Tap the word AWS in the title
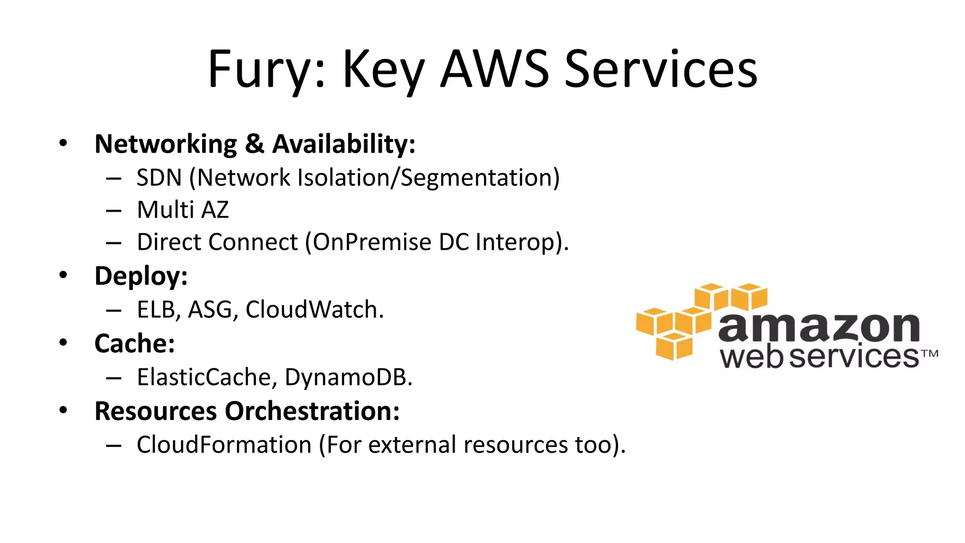click(494, 70)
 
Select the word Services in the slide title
click(661, 70)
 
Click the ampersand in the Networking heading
click(254, 144)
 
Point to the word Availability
click(343, 144)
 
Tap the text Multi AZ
click(183, 210)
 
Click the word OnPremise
click(372, 242)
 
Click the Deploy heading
click(141, 276)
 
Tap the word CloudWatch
click(314, 310)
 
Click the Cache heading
click(134, 343)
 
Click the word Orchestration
click(312, 411)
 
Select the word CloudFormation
click(224, 444)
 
